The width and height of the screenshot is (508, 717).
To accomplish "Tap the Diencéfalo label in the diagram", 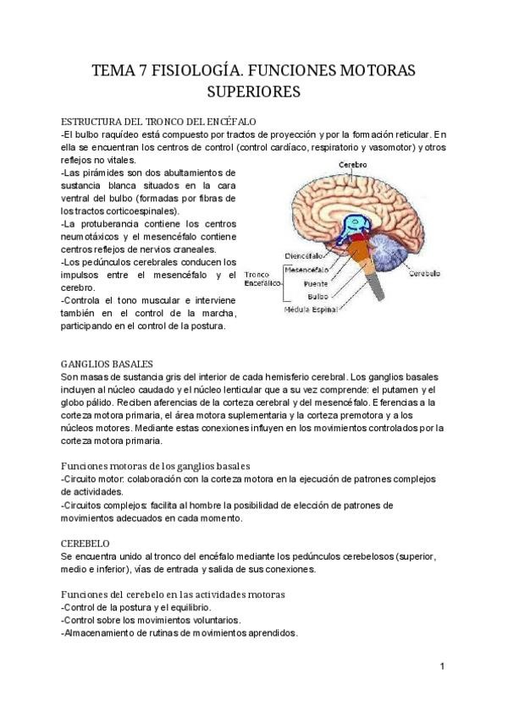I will (302, 255).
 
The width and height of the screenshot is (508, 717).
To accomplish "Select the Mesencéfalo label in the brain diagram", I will (306, 271).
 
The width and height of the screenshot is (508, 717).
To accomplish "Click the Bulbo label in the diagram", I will (317, 297).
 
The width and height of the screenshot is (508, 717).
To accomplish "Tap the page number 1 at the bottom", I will (442, 667).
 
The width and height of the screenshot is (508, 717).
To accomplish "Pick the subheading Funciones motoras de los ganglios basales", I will (155, 466).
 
